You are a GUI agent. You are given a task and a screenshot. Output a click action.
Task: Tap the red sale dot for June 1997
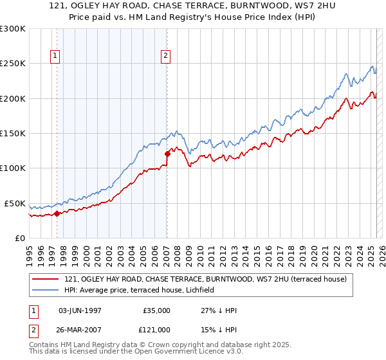point(57,213)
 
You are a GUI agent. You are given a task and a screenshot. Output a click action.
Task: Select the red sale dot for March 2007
point(167,154)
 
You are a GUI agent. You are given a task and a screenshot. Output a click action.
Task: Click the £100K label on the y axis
point(12,168)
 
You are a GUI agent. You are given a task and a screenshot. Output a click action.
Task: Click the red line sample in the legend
point(46,279)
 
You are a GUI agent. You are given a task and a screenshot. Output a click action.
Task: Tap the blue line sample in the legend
point(46,291)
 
